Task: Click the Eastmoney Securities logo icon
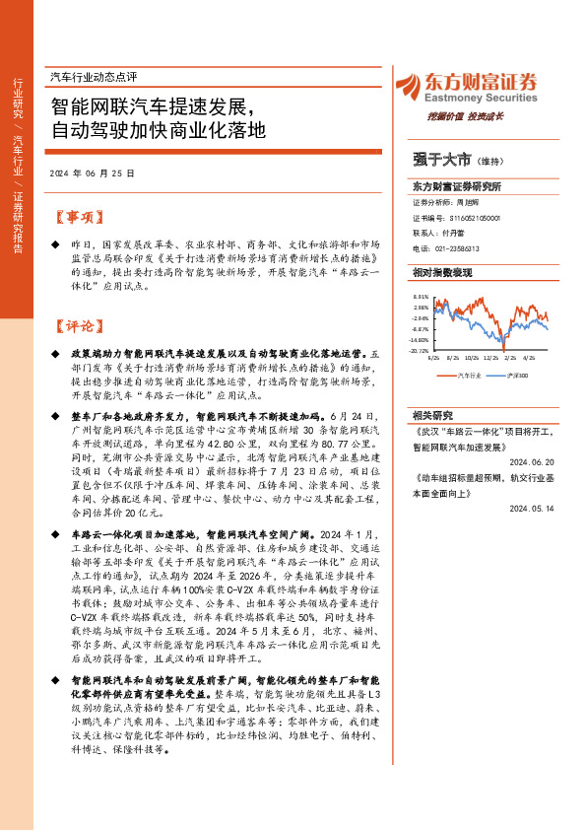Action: point(406,84)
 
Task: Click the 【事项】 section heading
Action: point(76,217)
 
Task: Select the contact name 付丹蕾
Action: point(456,234)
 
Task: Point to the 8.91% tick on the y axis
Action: point(421,297)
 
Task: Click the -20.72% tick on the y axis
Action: point(419,350)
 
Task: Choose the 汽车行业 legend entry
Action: point(471,375)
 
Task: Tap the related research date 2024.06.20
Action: point(533,460)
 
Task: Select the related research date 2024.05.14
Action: point(533,510)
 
